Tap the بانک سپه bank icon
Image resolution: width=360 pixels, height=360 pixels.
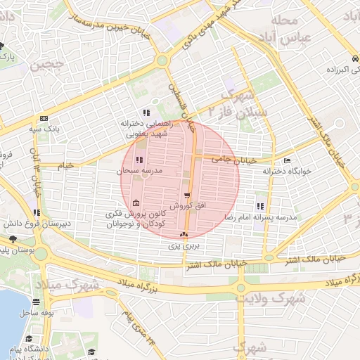[44, 118]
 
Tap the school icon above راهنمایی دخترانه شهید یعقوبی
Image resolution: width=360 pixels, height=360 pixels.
[146, 112]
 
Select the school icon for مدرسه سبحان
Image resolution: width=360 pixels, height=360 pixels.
[138, 160]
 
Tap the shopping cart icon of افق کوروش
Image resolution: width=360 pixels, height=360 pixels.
[186, 196]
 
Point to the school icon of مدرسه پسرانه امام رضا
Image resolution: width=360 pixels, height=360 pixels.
[260, 207]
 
